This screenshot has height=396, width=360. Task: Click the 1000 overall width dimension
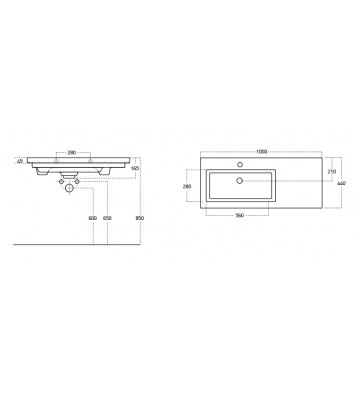262,150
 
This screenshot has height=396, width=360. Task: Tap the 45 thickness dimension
20,160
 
